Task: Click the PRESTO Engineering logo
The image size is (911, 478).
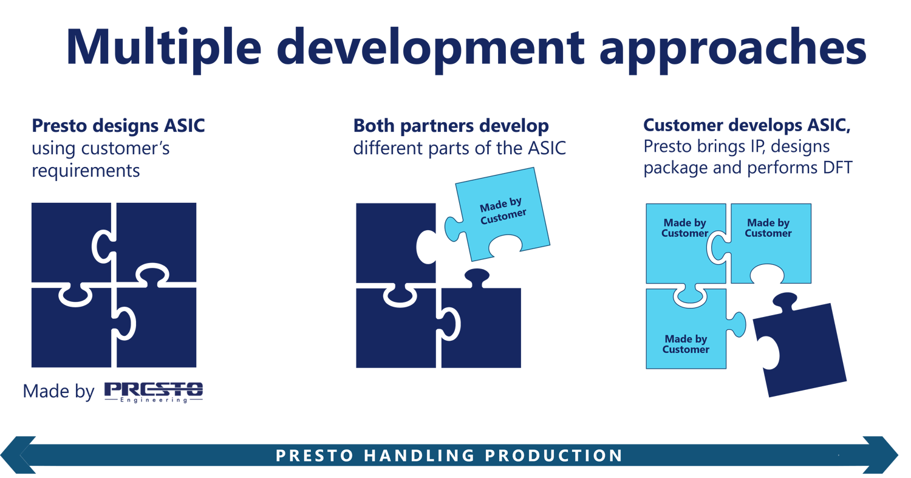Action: click(x=154, y=392)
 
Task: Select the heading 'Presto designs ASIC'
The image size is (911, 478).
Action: click(x=118, y=126)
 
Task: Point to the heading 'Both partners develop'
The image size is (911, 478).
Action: click(x=451, y=126)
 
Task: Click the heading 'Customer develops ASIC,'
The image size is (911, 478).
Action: click(x=746, y=126)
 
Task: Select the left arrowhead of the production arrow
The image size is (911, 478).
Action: click(x=18, y=455)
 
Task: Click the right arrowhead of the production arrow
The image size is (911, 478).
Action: click(x=881, y=455)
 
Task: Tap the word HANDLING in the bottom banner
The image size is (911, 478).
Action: click(x=419, y=456)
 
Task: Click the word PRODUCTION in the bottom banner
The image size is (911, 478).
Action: click(x=554, y=456)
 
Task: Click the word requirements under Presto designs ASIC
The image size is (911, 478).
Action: click(x=86, y=171)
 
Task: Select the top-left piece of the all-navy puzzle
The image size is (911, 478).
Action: click(x=72, y=242)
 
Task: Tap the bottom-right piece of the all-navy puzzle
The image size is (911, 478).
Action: click(x=157, y=327)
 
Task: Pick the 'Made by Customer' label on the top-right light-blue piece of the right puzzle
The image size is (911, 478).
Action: click(x=768, y=228)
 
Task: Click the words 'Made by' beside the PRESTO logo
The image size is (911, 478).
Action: click(x=58, y=392)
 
